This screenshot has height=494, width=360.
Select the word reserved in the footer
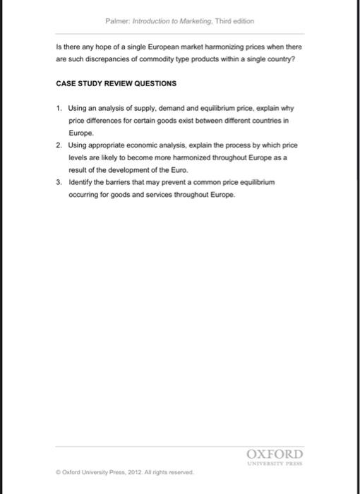point(179,472)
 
